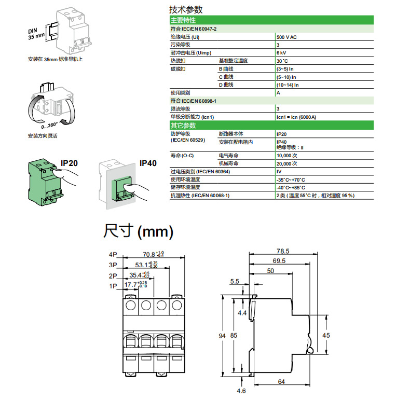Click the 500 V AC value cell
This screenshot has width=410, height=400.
point(286,38)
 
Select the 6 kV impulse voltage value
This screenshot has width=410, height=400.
point(281,53)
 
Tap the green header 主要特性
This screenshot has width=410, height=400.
point(183,20)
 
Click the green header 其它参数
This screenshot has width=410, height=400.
point(183,126)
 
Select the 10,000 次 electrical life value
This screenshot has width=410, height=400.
point(287,155)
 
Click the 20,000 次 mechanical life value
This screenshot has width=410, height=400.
point(287,163)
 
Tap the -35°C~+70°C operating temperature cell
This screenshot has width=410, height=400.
point(291,179)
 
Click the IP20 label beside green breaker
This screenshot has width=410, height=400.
point(69,163)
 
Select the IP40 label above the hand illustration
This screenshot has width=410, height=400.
point(148,163)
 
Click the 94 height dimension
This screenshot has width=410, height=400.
point(223,336)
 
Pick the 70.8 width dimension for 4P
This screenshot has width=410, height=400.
point(149,254)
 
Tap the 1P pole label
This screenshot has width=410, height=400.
point(113,285)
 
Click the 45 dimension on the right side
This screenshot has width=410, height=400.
point(326,336)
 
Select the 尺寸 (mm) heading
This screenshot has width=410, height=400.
point(138,230)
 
